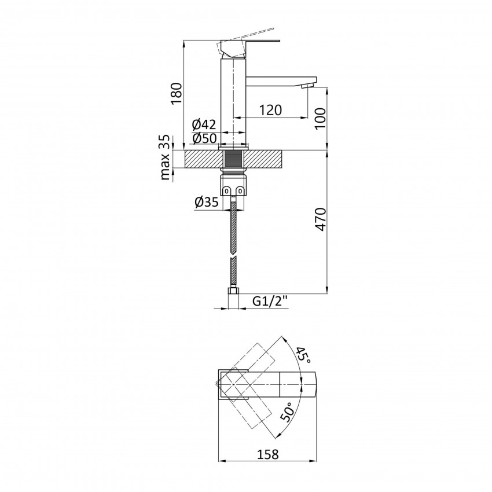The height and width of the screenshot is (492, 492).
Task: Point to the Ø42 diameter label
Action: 203,124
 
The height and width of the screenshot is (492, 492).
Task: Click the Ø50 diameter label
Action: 203,139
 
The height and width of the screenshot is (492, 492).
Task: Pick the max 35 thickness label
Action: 167,157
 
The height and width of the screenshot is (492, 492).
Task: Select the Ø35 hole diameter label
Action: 207,202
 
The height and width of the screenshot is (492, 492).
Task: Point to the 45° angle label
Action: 304,354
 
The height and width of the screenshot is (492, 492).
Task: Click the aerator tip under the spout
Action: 307,86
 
